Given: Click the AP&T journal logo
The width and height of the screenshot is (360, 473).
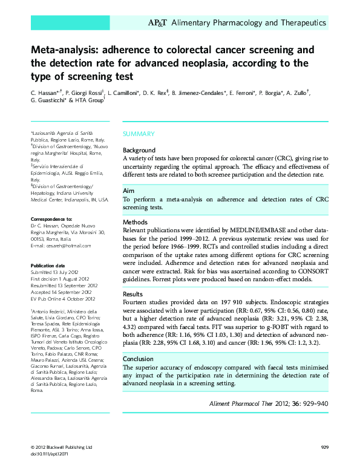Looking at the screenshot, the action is [x=158, y=23].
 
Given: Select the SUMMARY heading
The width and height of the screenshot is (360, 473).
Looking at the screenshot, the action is [x=139, y=134].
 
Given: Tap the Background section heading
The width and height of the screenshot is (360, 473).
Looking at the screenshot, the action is [x=139, y=150].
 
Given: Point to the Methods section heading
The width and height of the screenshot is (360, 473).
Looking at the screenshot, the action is [x=136, y=222].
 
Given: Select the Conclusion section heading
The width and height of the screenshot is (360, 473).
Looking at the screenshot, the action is [x=139, y=359].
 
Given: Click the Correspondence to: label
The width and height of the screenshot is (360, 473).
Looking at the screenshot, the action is [x=51, y=218].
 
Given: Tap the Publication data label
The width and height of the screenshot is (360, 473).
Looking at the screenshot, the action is [x=48, y=266].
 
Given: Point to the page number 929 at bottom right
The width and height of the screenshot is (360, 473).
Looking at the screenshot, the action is [x=324, y=447].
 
